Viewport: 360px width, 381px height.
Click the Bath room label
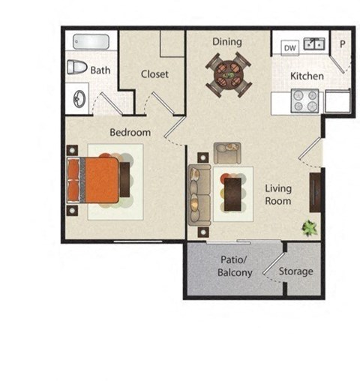point(100,70)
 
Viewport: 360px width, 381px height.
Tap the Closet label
point(154,74)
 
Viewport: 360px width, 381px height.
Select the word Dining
point(226,41)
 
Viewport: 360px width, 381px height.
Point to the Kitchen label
point(307,76)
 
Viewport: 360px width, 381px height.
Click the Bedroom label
point(130,133)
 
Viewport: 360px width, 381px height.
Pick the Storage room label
point(295,271)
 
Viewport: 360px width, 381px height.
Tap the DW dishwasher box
point(289,46)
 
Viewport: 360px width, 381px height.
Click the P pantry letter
point(342,44)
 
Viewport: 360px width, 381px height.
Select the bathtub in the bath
point(89,43)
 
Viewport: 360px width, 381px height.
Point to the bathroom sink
point(79,98)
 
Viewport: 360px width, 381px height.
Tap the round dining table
point(226,73)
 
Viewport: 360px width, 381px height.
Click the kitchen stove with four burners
point(304,100)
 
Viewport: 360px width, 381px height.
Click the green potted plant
point(308,227)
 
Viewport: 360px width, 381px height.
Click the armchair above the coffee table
point(226,153)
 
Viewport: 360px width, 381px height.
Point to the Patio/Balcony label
point(235,266)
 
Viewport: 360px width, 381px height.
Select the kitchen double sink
point(314,44)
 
